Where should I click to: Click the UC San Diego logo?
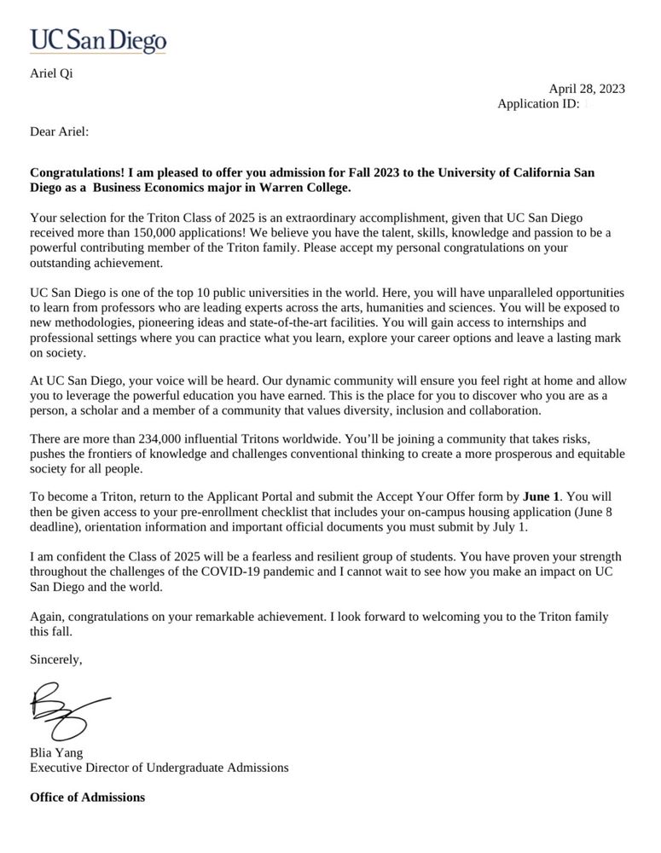point(98,39)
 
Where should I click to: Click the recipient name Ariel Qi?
point(51,73)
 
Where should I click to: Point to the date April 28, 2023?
point(587,89)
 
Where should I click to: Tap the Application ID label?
point(538,103)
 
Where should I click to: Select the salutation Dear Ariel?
point(59,131)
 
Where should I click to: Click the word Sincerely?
point(56,659)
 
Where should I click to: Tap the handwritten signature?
point(68,711)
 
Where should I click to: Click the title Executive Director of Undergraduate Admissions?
point(159,767)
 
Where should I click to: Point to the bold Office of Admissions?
point(87,798)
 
